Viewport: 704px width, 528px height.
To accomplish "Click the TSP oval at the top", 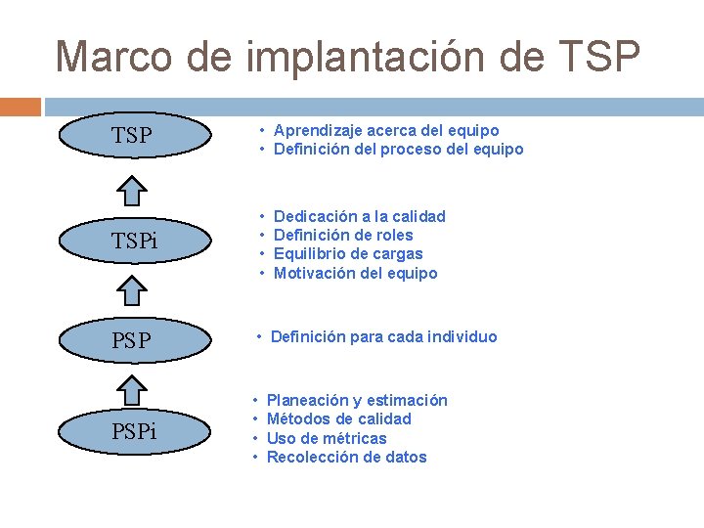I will (133, 135).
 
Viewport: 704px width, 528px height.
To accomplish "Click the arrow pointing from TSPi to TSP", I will (138, 192).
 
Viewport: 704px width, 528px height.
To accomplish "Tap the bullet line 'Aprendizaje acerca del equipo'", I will (386, 130).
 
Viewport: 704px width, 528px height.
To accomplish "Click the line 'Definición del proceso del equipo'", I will (398, 150).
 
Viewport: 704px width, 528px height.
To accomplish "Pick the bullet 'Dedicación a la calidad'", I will (359, 216).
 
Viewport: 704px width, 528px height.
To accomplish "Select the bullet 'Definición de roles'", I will (343, 235).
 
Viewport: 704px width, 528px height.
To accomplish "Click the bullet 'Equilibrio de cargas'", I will (348, 254).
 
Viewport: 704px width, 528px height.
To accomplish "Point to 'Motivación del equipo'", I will (355, 273).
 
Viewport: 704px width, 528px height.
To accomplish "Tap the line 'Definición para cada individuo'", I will (383, 336).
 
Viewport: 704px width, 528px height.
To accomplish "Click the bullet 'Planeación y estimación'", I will (357, 400).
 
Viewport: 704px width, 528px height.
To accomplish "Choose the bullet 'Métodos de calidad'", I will (338, 418).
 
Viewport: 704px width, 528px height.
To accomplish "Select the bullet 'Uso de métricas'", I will (327, 438).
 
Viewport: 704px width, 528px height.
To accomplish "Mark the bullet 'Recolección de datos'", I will (346, 457).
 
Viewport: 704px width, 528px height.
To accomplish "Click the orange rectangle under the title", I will (21, 106).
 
